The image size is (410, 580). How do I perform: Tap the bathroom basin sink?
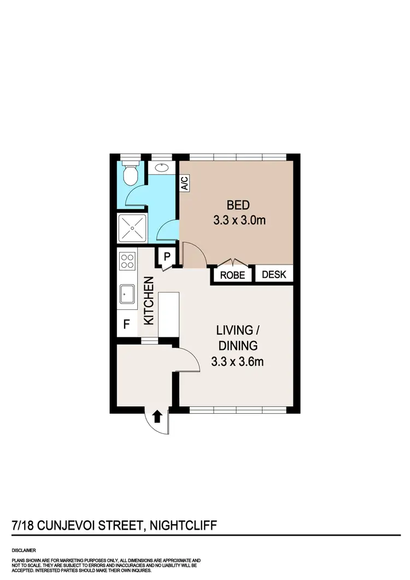click(x=162, y=168)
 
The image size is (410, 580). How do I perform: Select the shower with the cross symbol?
click(x=132, y=227)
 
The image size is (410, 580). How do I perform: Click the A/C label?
click(x=185, y=183)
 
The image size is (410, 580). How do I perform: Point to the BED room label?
click(x=238, y=206)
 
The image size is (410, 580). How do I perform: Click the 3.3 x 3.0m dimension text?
click(x=238, y=221)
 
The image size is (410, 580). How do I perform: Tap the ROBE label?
click(x=232, y=275)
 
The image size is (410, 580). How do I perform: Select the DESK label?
click(x=274, y=274)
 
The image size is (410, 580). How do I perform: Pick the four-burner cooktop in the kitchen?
click(x=127, y=261)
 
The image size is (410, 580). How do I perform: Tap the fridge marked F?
click(x=126, y=324)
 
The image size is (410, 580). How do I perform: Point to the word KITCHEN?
click(x=148, y=301)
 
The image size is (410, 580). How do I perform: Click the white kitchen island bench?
click(x=168, y=314)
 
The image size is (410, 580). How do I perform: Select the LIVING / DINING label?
click(x=238, y=338)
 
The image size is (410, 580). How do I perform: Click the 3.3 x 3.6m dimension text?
click(x=238, y=361)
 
